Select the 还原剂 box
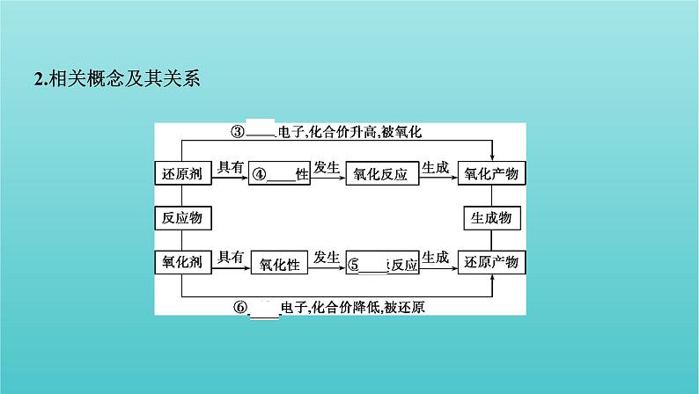coord(183,173)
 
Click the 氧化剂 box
coord(183,262)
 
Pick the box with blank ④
coord(281,174)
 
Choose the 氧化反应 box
coord(380,174)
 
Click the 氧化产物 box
coord(493,173)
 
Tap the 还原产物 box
coord(493,262)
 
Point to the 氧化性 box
coord(281,263)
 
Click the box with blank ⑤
coord(380,263)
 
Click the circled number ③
coord(236,132)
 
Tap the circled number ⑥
coord(240,307)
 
